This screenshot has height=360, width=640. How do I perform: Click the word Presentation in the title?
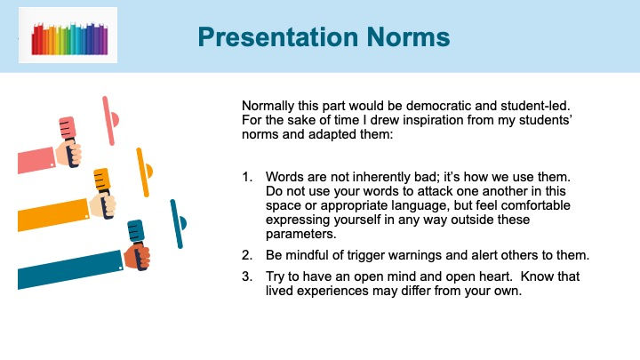click(x=278, y=37)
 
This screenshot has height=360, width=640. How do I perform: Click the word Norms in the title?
click(x=408, y=37)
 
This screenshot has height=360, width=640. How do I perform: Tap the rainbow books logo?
click(x=70, y=38)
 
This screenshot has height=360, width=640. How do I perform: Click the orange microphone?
click(x=104, y=192)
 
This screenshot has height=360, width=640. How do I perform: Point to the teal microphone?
click(x=138, y=244)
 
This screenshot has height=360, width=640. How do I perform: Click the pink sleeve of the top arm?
click(x=36, y=160)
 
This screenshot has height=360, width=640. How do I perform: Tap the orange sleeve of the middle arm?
click(x=53, y=215)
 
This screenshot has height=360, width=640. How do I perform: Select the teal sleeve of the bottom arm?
click(x=70, y=270)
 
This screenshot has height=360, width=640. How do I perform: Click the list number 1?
click(x=247, y=177)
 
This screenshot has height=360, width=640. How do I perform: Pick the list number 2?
click(x=247, y=255)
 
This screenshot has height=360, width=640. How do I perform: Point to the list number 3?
click(x=247, y=276)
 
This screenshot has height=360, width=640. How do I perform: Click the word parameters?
click(x=300, y=235)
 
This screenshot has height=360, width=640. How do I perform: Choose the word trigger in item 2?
click(x=366, y=256)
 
